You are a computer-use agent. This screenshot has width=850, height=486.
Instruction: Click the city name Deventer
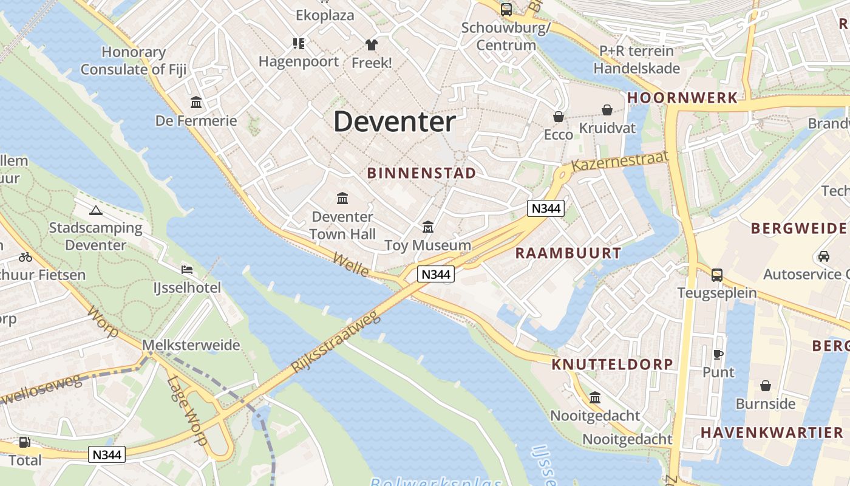(x=394, y=122)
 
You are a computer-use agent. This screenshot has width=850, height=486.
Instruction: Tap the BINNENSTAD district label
(x=421, y=173)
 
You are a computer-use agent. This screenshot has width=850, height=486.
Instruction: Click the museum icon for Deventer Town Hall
(x=342, y=198)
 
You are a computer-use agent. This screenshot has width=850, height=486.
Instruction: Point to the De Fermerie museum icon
(x=196, y=102)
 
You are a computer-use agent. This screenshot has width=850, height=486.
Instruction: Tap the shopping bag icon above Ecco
(x=558, y=116)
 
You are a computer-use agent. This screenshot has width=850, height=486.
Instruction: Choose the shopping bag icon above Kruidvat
(x=607, y=110)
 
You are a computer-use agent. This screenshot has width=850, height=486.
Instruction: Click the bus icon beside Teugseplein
(x=717, y=275)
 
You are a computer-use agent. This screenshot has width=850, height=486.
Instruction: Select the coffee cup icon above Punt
(x=718, y=354)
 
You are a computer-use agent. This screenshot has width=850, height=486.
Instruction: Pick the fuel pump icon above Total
(x=25, y=442)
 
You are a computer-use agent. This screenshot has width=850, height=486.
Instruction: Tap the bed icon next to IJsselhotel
(x=187, y=269)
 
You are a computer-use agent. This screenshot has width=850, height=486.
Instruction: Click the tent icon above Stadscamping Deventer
(x=95, y=210)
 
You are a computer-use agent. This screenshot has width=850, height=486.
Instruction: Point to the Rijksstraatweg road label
(x=335, y=343)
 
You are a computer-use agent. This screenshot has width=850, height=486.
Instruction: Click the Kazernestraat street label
(x=619, y=161)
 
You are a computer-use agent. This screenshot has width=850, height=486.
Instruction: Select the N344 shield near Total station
(x=107, y=454)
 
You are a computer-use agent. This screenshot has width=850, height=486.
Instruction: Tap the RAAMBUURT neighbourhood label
(x=568, y=253)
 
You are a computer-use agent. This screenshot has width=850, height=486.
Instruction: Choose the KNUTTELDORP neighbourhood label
(x=612, y=364)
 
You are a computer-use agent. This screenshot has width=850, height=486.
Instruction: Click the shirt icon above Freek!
(x=371, y=44)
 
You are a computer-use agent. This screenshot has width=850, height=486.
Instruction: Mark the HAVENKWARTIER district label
(x=772, y=433)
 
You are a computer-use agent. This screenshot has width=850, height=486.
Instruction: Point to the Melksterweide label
(x=191, y=345)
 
